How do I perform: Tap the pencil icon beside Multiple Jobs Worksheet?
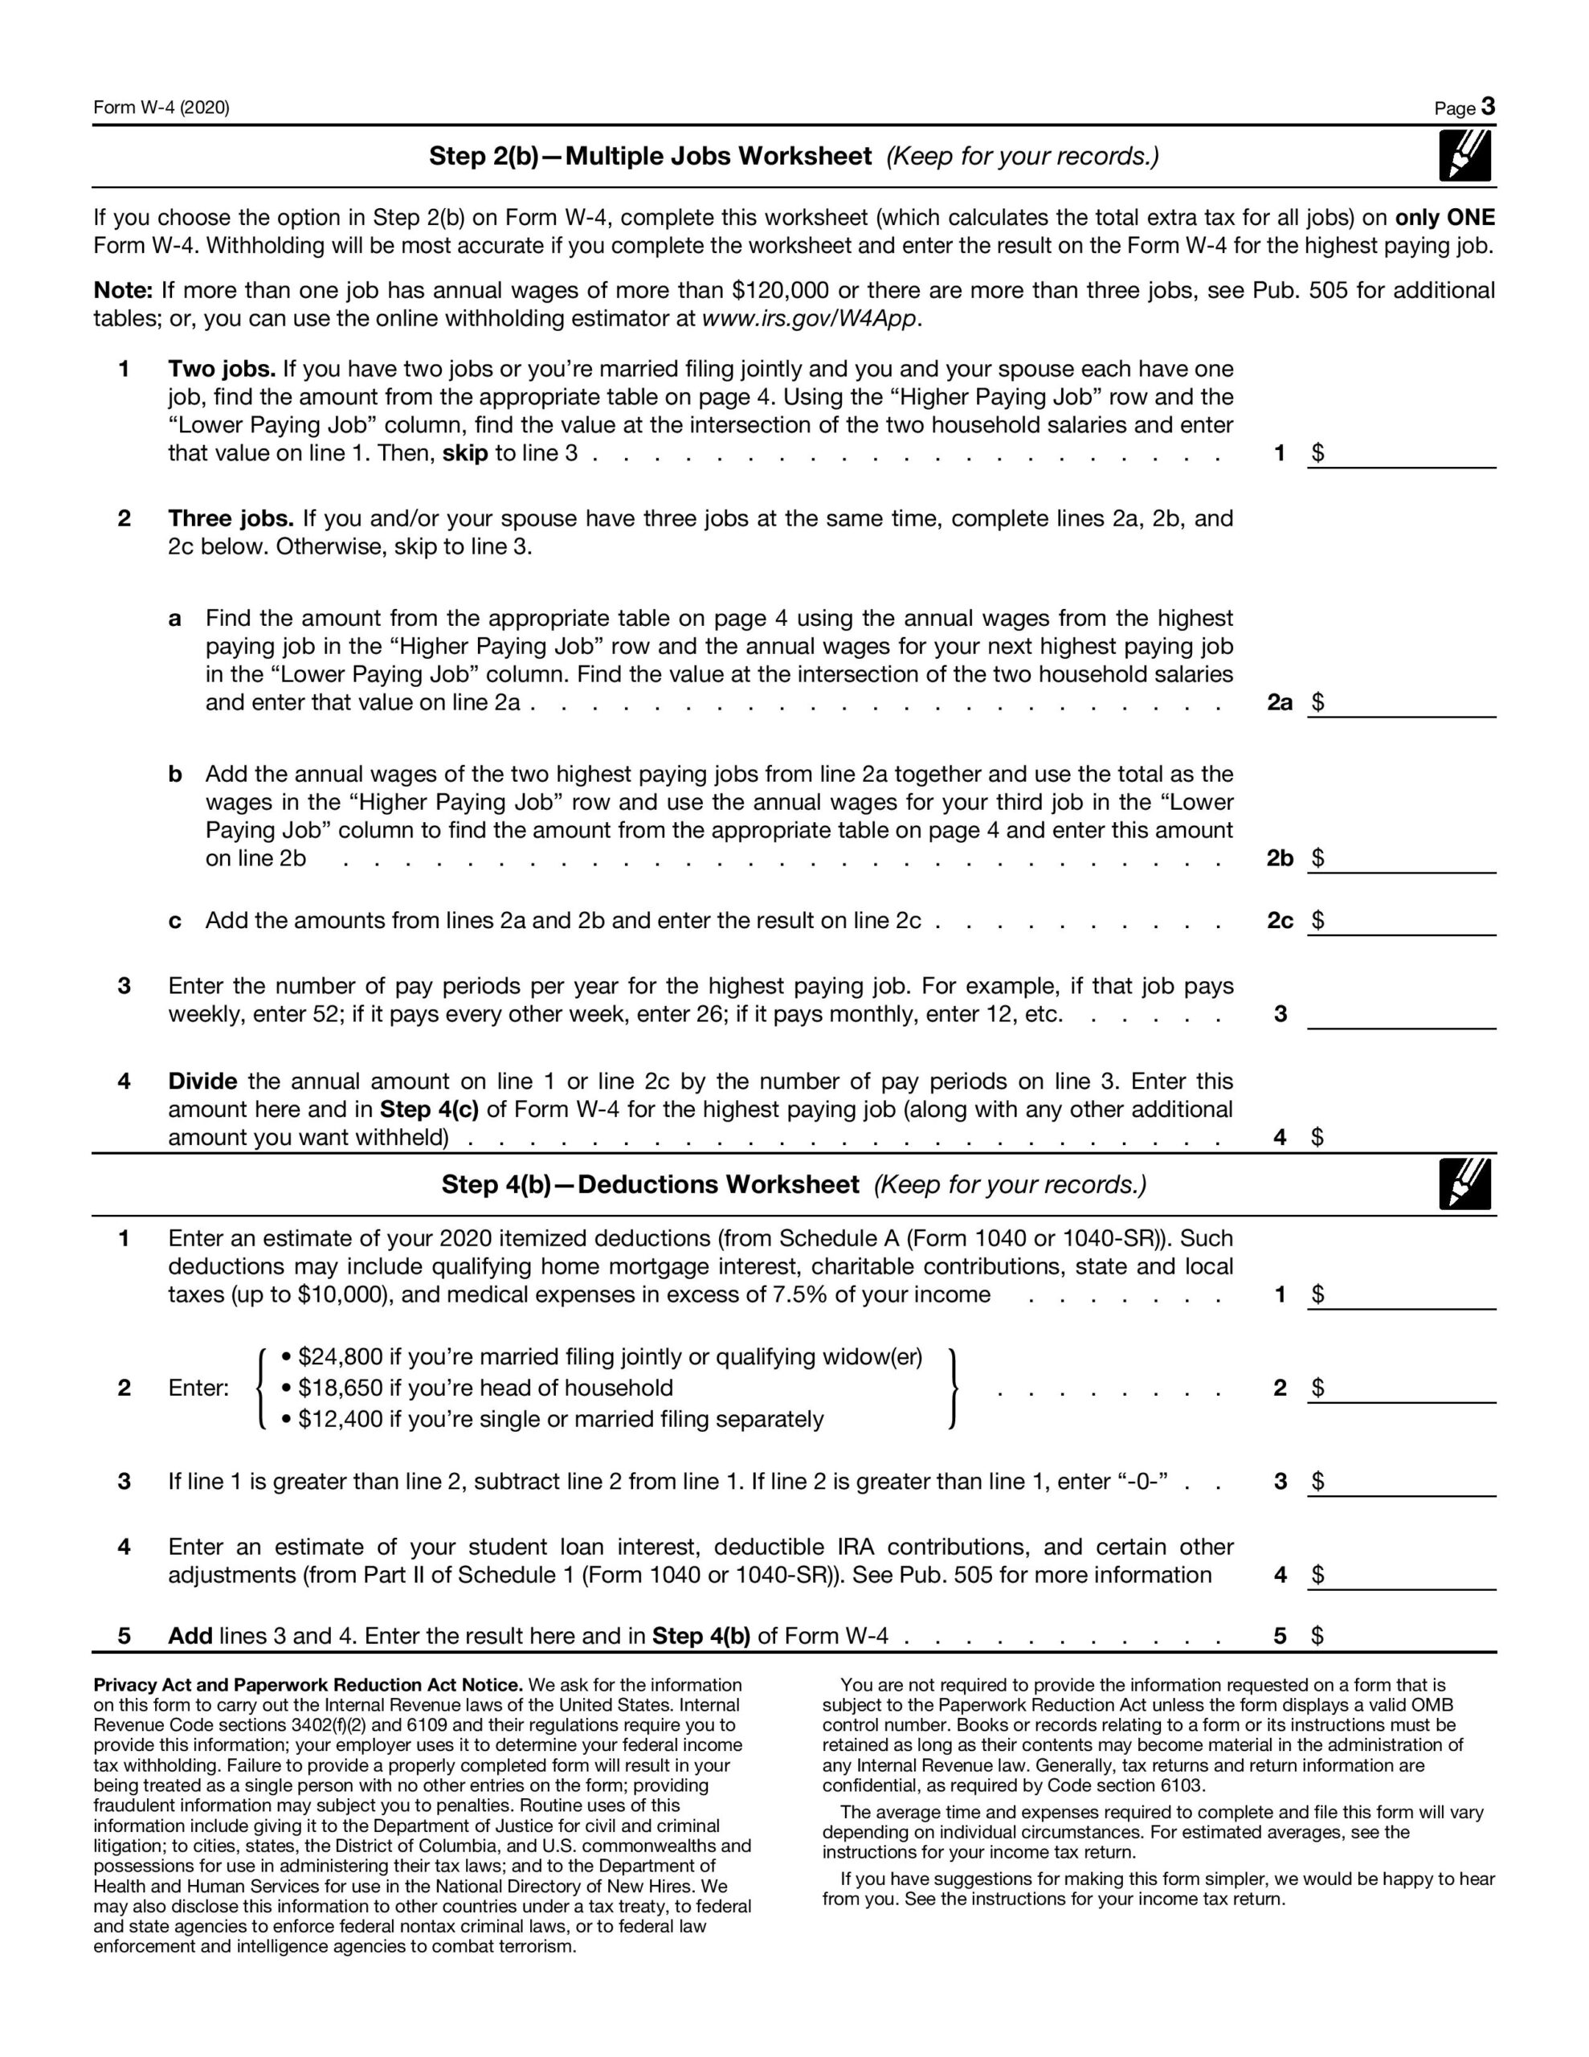tap(1464, 155)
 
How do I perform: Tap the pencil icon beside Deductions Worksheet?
tap(1464, 1184)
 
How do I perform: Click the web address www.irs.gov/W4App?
tap(809, 318)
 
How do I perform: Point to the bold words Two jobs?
tap(222, 368)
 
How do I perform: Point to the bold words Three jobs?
tap(231, 519)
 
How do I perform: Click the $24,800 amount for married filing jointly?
tap(340, 1357)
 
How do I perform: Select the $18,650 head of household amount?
tap(340, 1388)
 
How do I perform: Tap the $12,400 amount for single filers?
tap(340, 1419)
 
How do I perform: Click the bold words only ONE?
tap(1445, 218)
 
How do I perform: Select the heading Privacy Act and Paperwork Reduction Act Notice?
tap(308, 1685)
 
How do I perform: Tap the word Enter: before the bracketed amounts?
tap(198, 1388)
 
